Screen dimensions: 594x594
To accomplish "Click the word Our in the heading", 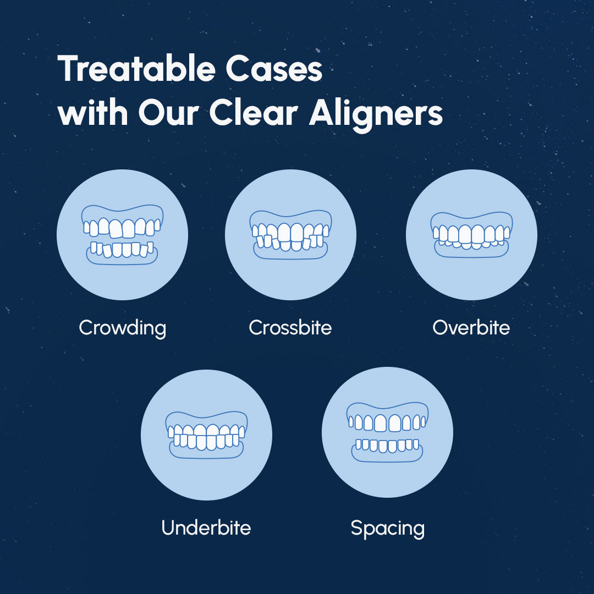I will (169, 113).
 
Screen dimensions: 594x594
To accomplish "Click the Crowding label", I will (122, 328).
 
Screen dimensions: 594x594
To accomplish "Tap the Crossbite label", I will (290, 328).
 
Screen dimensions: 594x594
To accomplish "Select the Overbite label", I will (471, 328).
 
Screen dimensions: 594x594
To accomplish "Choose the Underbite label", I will (206, 528).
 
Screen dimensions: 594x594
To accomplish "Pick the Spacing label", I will (388, 529).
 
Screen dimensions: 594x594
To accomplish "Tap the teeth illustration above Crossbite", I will (290, 235).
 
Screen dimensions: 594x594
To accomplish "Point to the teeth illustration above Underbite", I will (206, 435).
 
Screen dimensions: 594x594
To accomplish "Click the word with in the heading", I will (93, 113).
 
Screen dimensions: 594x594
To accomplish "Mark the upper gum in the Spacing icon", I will (388, 408).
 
